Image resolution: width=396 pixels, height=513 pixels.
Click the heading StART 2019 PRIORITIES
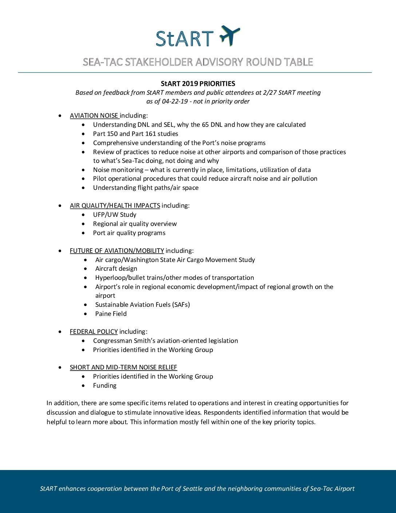[x=198, y=83]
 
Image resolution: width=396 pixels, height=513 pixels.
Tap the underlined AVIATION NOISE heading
[x=94, y=115]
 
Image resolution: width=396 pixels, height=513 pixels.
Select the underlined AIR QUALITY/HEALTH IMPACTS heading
[x=115, y=205]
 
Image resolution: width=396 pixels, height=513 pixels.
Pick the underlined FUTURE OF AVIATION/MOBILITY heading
[x=117, y=251]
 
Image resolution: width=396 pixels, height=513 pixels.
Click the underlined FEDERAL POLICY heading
[x=94, y=332]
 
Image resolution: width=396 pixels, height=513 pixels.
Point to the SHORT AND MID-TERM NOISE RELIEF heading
[x=123, y=367]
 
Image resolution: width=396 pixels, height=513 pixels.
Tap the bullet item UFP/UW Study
[x=115, y=215]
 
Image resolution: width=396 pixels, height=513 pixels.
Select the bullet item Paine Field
[x=111, y=314]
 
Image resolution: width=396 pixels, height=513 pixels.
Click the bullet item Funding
[x=105, y=385]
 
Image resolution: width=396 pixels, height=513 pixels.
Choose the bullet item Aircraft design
[x=116, y=269]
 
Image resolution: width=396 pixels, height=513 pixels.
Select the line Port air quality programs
[x=129, y=233]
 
